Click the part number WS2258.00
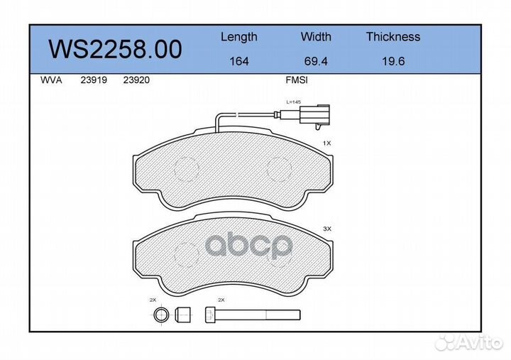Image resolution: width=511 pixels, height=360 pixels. pos(115,49)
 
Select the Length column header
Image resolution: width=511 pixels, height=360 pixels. pos(239,37)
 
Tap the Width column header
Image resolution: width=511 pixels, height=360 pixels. pos(316,36)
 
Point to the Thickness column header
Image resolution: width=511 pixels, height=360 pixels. pos(393,36)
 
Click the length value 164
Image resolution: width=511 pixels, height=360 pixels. pos(239,61)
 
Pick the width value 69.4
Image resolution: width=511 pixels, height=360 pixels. pos(316,61)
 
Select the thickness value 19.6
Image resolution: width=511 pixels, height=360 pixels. pos(393,61)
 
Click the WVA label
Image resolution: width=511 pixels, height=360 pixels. pos(51,80)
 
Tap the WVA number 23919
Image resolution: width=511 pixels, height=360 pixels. pos(94,80)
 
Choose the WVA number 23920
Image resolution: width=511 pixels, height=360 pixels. pos(136,80)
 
